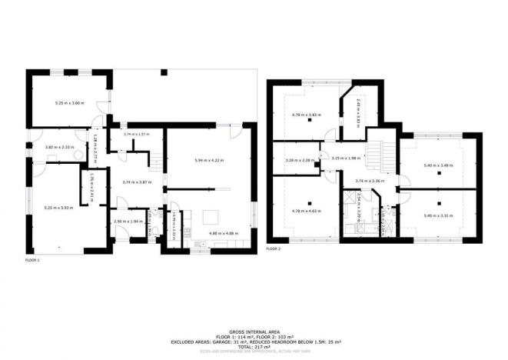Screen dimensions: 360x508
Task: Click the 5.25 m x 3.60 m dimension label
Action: coord(69,102)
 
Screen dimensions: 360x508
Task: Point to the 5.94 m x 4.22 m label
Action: coord(208,160)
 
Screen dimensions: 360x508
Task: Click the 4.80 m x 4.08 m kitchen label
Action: coord(224,234)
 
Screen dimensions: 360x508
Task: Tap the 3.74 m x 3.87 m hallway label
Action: coord(136,182)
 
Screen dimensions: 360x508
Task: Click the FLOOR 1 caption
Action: coord(32,261)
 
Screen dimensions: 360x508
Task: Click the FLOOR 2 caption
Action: coord(274,249)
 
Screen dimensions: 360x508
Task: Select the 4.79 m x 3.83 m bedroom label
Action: coord(305,115)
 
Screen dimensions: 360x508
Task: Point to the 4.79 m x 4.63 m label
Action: coord(305,210)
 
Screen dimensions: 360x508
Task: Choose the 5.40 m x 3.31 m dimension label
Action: coord(438,215)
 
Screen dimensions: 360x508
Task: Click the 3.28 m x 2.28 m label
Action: coord(297,160)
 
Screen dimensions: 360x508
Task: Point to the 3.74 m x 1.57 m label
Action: coord(136,134)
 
